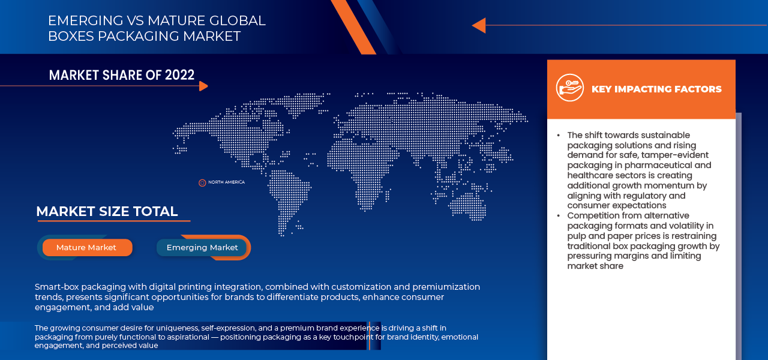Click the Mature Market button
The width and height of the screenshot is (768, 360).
coord(88,248)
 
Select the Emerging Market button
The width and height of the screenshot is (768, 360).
coord(202,248)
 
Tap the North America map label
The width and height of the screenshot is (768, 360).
coord(227,182)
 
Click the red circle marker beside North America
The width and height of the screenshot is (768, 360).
coord(202,183)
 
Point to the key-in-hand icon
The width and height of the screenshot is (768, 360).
coord(570,88)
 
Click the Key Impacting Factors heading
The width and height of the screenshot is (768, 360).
coord(656,89)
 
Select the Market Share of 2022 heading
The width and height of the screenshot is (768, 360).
coord(122,75)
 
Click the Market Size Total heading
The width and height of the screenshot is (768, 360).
coord(107,211)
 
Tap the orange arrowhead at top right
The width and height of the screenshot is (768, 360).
coord(479,25)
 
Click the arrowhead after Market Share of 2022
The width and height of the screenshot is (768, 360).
coord(203,86)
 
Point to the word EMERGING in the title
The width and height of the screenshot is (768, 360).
coord(85,20)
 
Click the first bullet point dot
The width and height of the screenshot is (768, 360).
coord(559,136)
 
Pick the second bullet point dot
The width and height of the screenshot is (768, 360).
coord(559,215)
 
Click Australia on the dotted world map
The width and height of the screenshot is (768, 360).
coord(469,206)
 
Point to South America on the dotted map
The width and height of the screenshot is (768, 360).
coord(287,199)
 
